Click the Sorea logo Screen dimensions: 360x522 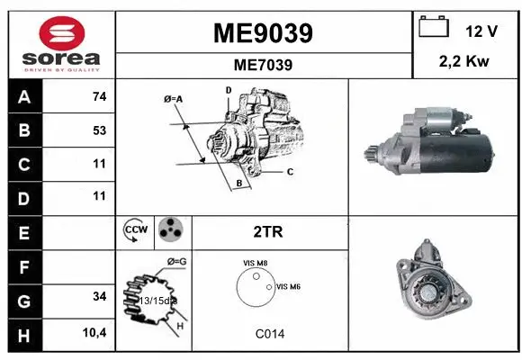(x=61, y=44)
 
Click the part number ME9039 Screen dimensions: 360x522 (x=263, y=33)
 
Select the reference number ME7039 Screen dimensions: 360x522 (x=263, y=65)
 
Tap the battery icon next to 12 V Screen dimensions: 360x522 (x=434, y=30)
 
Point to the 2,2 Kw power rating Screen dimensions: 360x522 (x=463, y=64)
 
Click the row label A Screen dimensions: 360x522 (x=23, y=97)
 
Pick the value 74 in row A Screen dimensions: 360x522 (x=99, y=97)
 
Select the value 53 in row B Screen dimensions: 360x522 (x=99, y=130)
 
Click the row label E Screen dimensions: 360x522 (x=23, y=232)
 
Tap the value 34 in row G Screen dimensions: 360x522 (x=99, y=296)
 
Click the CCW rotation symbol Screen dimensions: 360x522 (x=134, y=231)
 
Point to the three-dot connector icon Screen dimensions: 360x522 (x=169, y=231)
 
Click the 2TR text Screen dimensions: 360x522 (x=269, y=232)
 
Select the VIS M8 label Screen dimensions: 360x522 (x=255, y=263)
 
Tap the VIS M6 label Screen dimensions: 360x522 (x=288, y=286)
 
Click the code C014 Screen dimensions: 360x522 (x=269, y=334)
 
